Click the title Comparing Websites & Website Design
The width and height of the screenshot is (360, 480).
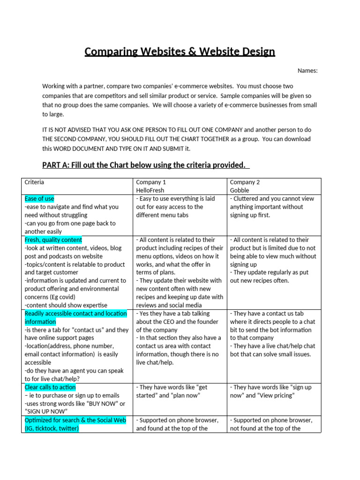[x=180, y=52]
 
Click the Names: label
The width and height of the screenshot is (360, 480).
[x=307, y=71]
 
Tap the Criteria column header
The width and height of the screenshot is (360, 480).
[x=34, y=182]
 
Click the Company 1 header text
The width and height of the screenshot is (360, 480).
[x=151, y=182]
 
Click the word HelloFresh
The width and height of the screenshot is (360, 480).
[x=152, y=190]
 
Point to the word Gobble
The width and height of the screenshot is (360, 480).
[x=239, y=190]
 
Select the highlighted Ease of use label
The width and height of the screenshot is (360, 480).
[x=39, y=199]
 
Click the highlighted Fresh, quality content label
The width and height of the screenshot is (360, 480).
[x=53, y=240]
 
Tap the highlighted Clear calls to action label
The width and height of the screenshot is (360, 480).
[x=50, y=388]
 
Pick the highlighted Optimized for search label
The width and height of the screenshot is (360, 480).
[x=75, y=420]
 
